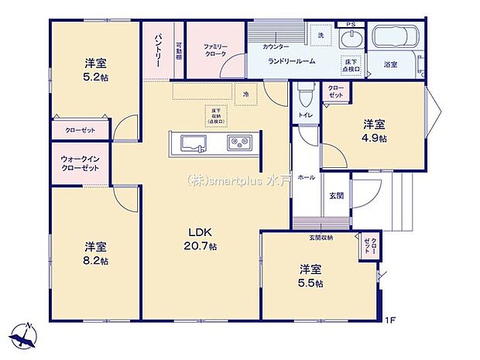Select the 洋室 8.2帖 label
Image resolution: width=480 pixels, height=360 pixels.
click(x=97, y=253)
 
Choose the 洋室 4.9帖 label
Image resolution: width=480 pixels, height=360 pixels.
click(x=375, y=131)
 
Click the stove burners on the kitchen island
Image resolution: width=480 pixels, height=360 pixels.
click(x=239, y=143)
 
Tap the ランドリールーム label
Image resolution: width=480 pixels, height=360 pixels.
click(x=291, y=60)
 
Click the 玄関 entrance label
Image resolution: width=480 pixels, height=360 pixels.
click(x=337, y=197)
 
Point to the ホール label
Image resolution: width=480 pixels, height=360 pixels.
click(x=306, y=177)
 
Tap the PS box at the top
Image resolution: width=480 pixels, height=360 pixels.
click(x=351, y=25)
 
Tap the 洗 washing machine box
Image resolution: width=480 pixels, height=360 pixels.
click(x=321, y=34)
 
